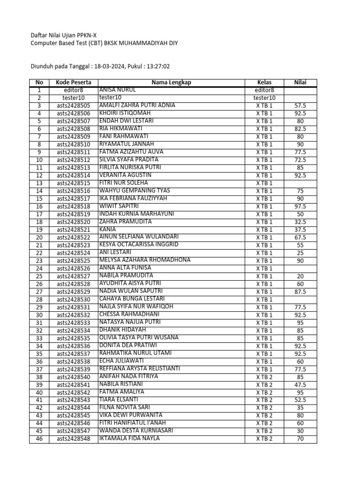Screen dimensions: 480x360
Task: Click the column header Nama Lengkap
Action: point(171,82)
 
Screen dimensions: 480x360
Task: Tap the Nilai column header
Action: point(300,82)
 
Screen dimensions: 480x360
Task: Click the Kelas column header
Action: point(264,82)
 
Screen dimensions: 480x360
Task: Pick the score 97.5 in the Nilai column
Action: point(300,206)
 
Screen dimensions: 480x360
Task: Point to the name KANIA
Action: point(107,229)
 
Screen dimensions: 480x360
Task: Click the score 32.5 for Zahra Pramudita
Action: point(300,222)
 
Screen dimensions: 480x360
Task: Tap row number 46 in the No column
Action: point(39,439)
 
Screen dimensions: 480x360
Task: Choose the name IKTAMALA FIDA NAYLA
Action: point(129,438)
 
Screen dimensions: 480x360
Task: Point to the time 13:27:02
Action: point(158,67)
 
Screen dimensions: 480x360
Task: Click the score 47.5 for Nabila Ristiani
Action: point(300,384)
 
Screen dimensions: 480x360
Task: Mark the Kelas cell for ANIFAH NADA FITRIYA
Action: point(264,377)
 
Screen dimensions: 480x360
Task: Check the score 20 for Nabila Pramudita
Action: point(300,276)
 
